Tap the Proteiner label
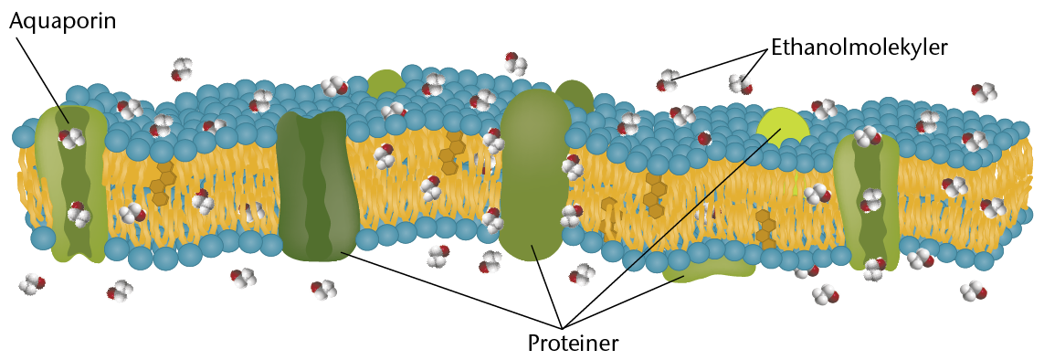[573, 344]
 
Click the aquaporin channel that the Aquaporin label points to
[71, 183]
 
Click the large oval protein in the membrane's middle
[535, 175]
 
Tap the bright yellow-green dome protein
[783, 125]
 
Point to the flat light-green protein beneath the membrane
[709, 270]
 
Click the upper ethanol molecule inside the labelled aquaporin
[70, 138]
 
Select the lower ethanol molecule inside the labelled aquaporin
[78, 215]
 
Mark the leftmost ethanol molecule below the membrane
[31, 284]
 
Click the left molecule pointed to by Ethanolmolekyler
[668, 80]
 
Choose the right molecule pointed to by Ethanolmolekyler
[741, 84]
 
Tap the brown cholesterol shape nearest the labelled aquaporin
[160, 182]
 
